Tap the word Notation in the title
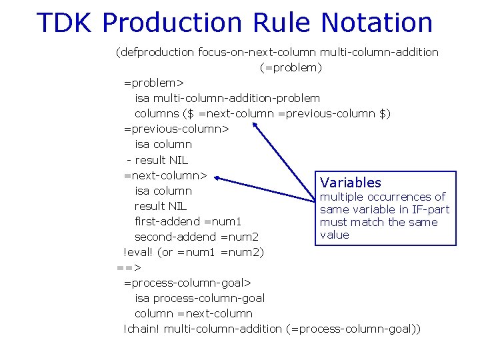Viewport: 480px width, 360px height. click(377, 23)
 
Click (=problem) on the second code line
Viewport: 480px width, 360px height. click(291, 67)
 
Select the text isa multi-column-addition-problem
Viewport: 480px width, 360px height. click(227, 98)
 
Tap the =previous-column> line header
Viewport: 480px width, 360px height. click(176, 129)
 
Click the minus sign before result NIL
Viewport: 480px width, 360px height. click(129, 160)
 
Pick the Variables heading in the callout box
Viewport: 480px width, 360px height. click(351, 183)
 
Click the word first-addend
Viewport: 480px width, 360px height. click(167, 221)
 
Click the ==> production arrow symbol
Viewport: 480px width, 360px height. click(129, 268)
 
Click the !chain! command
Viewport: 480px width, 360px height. click(141, 329)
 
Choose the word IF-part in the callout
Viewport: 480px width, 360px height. click(428, 210)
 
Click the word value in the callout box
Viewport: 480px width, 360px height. click(334, 235)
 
